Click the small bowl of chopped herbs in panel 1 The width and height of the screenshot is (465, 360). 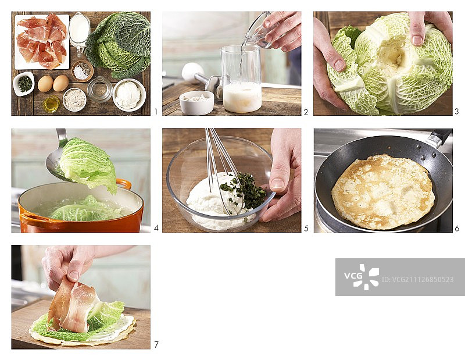click(x=24, y=83)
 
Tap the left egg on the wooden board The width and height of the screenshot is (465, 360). click(x=45, y=84)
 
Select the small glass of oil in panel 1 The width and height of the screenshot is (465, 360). click(x=51, y=104)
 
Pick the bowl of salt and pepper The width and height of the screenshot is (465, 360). click(x=83, y=70)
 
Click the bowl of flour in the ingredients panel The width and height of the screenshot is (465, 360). click(x=74, y=99)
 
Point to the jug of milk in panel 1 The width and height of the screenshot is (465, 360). click(x=79, y=33)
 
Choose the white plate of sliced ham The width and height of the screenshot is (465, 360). click(x=42, y=41)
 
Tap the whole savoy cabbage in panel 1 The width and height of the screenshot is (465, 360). click(x=119, y=45)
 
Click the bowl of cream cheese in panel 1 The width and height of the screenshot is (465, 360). click(x=129, y=95)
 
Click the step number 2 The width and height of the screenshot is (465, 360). click(x=306, y=112)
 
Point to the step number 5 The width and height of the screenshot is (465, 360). click(x=306, y=229)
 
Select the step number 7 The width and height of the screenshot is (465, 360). click(x=156, y=344)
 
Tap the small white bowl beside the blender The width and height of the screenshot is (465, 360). click(x=196, y=102)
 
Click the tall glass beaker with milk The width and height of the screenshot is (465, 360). click(x=242, y=79)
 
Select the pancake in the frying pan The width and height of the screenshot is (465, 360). click(x=383, y=192)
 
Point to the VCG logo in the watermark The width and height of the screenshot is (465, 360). click(x=362, y=277)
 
